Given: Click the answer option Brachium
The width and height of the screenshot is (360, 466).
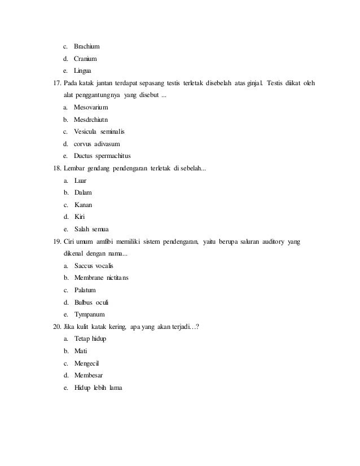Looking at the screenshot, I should coord(86,46).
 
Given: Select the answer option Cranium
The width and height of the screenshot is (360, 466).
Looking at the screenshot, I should coord(85,59).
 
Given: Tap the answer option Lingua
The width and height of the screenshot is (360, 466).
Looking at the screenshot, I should coord(84,71).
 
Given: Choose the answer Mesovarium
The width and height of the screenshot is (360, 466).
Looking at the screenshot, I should coord(91,107).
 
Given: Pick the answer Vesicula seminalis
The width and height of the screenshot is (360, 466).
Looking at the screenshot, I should coord(99,131).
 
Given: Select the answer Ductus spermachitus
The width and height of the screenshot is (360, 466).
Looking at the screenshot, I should coord(102,156).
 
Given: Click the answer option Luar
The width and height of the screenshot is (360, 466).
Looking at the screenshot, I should coord(81,181).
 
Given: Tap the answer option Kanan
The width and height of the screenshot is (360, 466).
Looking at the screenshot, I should coord(84,205).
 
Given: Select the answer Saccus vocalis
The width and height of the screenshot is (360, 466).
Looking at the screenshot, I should coord(94,266).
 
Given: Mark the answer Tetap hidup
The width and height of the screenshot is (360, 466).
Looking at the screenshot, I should coord(90,338).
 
